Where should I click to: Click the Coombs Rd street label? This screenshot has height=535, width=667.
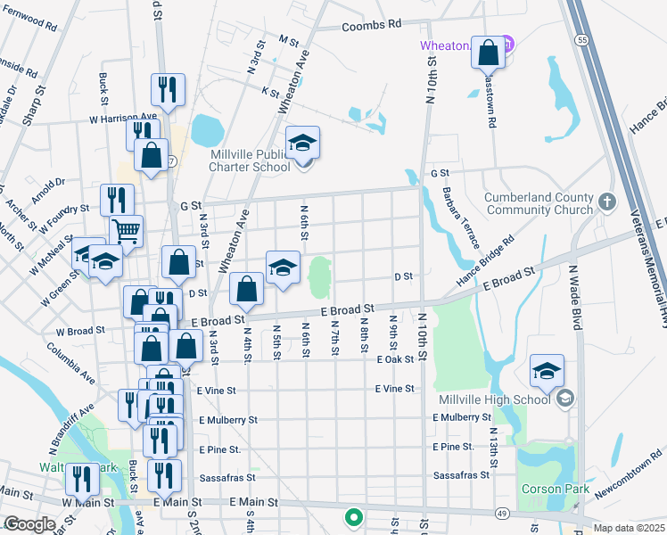click(x=372, y=27)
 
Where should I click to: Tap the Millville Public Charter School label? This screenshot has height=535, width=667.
click(x=250, y=160)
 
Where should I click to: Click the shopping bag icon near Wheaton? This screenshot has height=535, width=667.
click(x=489, y=53)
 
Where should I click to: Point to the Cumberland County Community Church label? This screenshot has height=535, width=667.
click(x=539, y=203)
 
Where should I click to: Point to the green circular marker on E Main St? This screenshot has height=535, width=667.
click(x=354, y=516)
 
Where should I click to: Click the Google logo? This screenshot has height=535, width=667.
click(x=29, y=524)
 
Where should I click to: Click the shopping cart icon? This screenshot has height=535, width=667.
click(x=126, y=231)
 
